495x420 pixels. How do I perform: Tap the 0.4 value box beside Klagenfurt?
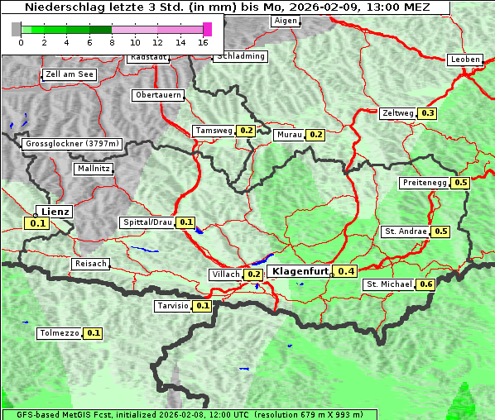click(346, 271)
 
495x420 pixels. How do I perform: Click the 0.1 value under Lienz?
click(37, 223)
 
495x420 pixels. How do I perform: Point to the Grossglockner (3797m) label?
click(73, 144)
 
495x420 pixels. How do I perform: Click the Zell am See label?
click(69, 74)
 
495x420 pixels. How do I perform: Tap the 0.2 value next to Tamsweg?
click(246, 131)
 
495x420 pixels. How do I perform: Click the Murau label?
click(289, 134)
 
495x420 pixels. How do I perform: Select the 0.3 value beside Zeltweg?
click(428, 113)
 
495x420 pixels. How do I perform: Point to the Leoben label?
click(464, 60)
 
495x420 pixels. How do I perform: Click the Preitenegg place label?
click(425, 183)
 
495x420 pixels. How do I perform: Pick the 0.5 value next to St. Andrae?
click(440, 231)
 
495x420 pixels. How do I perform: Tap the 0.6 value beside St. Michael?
click(426, 284)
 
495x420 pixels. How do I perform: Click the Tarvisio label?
click(173, 306)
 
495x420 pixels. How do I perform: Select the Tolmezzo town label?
click(60, 333)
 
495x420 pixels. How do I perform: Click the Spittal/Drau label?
click(147, 222)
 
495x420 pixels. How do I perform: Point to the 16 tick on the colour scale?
click(204, 41)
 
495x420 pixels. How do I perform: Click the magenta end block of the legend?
click(207, 29)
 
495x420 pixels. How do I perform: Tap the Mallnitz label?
click(93, 169)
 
